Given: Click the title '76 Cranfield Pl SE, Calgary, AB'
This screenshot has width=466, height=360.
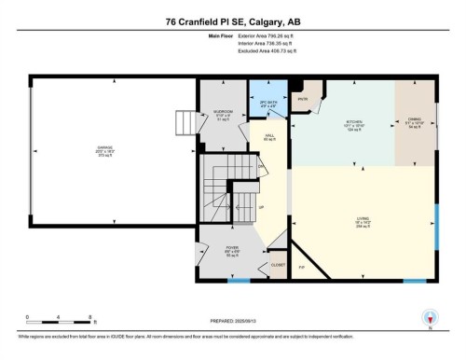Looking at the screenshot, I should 232,21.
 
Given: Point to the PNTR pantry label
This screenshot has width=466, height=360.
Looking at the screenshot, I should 303,98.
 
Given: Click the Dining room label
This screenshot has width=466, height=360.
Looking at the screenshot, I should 415,121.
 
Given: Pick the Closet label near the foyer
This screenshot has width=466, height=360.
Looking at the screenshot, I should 278,265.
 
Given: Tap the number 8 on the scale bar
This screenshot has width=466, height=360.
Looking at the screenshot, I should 89,317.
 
